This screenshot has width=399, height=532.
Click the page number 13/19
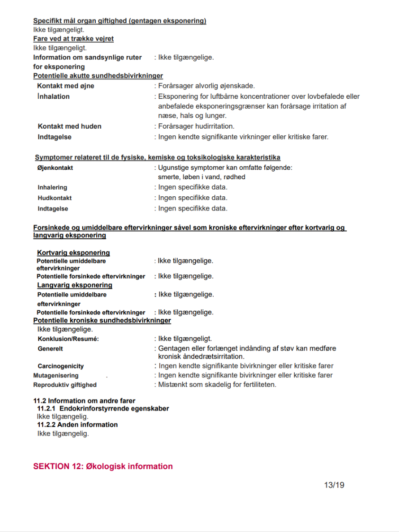(x=334, y=485)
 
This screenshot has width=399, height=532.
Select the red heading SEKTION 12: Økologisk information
(x=103, y=467)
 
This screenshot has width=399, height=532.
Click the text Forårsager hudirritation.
(x=196, y=126)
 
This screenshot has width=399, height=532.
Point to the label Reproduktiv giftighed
(x=65, y=385)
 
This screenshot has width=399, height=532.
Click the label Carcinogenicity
(x=61, y=366)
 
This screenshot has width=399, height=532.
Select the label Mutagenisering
(x=56, y=375)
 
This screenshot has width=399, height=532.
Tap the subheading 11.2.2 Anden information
(x=77, y=425)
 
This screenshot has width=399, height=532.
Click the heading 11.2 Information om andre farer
(x=84, y=401)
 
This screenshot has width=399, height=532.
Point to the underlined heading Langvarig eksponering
(x=75, y=285)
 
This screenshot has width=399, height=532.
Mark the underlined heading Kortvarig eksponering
(x=73, y=253)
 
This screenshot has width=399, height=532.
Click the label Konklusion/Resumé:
(x=68, y=339)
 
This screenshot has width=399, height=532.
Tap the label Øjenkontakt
(x=55, y=168)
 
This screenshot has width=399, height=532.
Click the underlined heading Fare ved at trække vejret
(x=73, y=39)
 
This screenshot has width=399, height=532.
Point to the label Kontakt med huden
(x=70, y=126)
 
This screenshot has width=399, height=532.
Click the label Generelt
(x=50, y=349)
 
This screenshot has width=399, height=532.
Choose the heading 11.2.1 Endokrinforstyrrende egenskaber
(x=103, y=409)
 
